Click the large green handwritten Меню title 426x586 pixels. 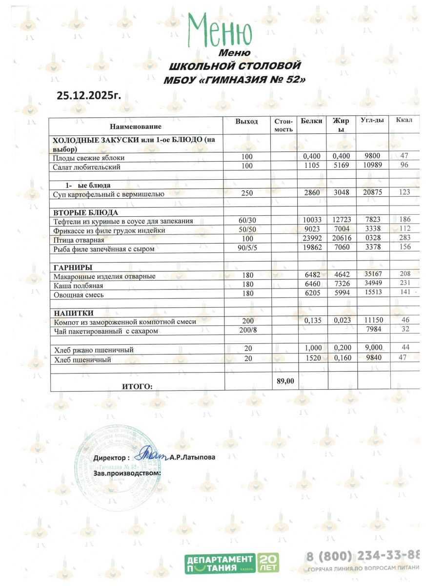tap(221, 30)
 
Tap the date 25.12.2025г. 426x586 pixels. tap(88, 94)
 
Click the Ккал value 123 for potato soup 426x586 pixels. tap(404, 193)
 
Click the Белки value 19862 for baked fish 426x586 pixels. tap(311, 249)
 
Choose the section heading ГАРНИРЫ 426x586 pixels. tap(73, 267)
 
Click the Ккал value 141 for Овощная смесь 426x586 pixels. tap(404, 294)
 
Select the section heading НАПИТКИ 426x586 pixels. tap(73, 313)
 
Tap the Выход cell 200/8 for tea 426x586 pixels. tap(247, 331)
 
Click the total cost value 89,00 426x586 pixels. tap(285, 381)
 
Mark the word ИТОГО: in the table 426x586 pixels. tap(137, 386)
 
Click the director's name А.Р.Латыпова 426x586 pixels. tap(192, 458)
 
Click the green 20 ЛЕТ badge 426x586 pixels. tap(268, 564)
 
